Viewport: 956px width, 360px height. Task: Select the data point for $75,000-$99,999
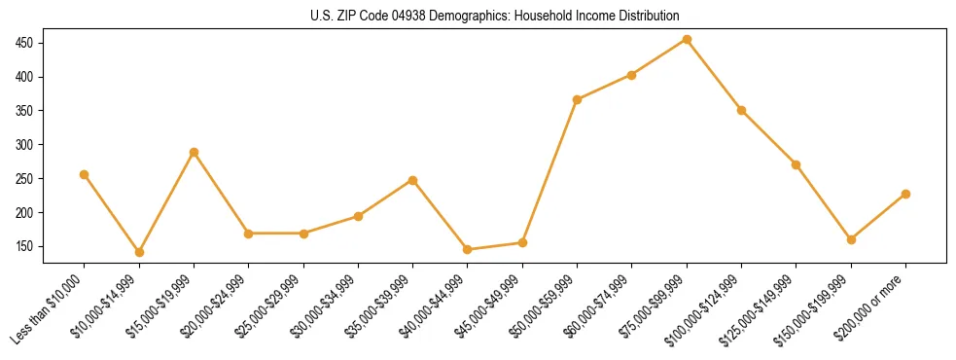pos(687,40)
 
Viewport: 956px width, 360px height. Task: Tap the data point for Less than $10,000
pos(85,175)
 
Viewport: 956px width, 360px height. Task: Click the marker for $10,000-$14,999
pos(139,252)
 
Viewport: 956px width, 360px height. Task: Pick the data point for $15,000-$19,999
pos(194,152)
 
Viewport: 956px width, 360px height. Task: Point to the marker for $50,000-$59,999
pos(578,99)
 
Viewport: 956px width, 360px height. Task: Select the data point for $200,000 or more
pos(905,195)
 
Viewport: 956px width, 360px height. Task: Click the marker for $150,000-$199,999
pos(851,239)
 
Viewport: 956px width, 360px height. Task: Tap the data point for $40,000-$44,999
pos(468,250)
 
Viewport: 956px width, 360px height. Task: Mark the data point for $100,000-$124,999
pos(741,110)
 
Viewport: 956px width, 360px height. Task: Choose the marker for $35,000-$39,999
pos(413,180)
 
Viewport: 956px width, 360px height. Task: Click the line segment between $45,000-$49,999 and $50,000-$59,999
pos(550,171)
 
